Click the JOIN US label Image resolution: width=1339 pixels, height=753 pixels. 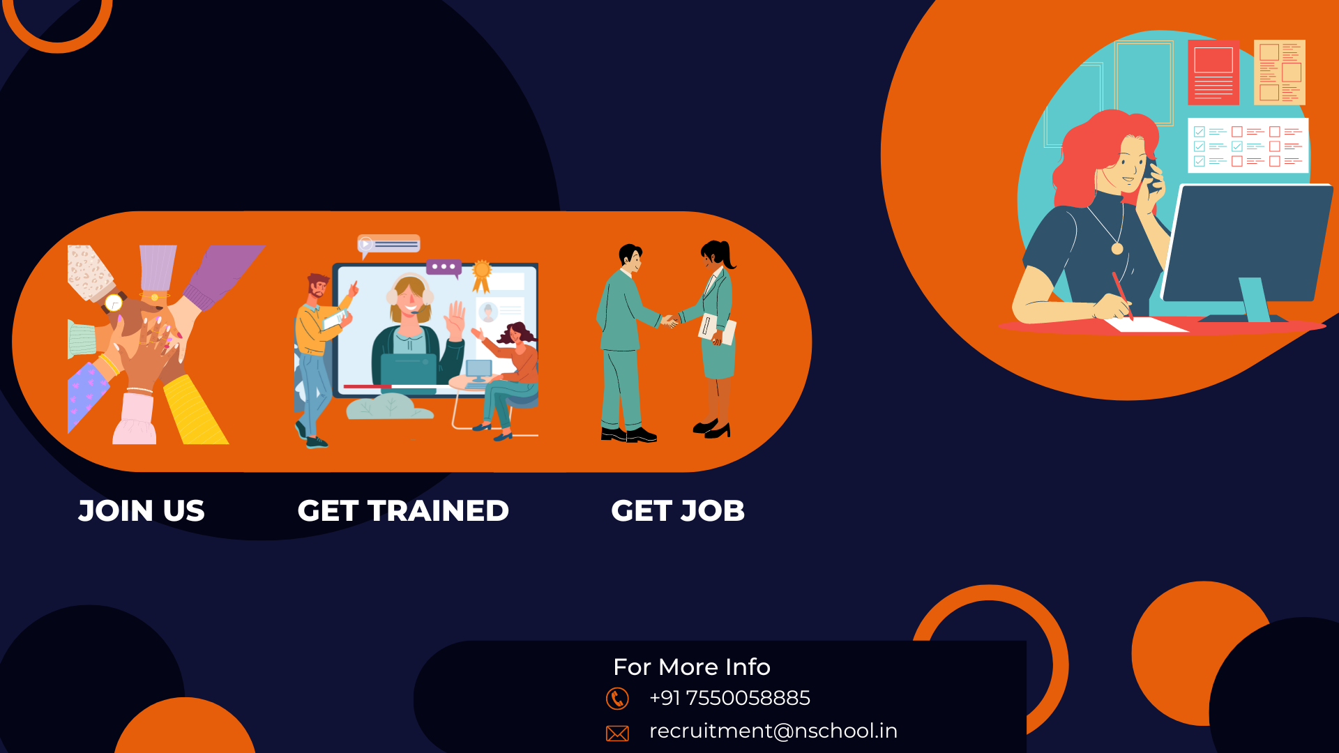click(142, 511)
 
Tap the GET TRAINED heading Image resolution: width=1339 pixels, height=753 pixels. click(403, 511)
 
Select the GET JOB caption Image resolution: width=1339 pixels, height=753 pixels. click(678, 511)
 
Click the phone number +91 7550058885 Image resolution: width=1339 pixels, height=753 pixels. click(729, 698)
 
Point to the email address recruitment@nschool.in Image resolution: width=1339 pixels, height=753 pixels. click(773, 731)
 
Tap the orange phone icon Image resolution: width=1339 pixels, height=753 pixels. click(617, 699)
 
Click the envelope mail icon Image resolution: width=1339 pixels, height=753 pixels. click(617, 733)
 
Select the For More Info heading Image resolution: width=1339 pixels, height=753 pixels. click(692, 667)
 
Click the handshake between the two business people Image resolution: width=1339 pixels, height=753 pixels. click(669, 321)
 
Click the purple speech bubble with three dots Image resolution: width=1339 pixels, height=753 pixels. click(444, 268)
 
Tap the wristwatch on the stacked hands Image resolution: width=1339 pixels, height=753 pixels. click(114, 303)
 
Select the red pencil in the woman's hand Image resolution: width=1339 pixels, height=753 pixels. click(1122, 295)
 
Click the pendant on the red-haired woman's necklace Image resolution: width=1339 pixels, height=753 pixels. click(1117, 248)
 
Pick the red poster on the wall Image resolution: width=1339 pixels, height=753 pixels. click(1213, 73)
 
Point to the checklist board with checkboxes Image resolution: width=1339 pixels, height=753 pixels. click(1248, 146)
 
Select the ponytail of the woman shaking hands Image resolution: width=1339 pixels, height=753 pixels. click(729, 255)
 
